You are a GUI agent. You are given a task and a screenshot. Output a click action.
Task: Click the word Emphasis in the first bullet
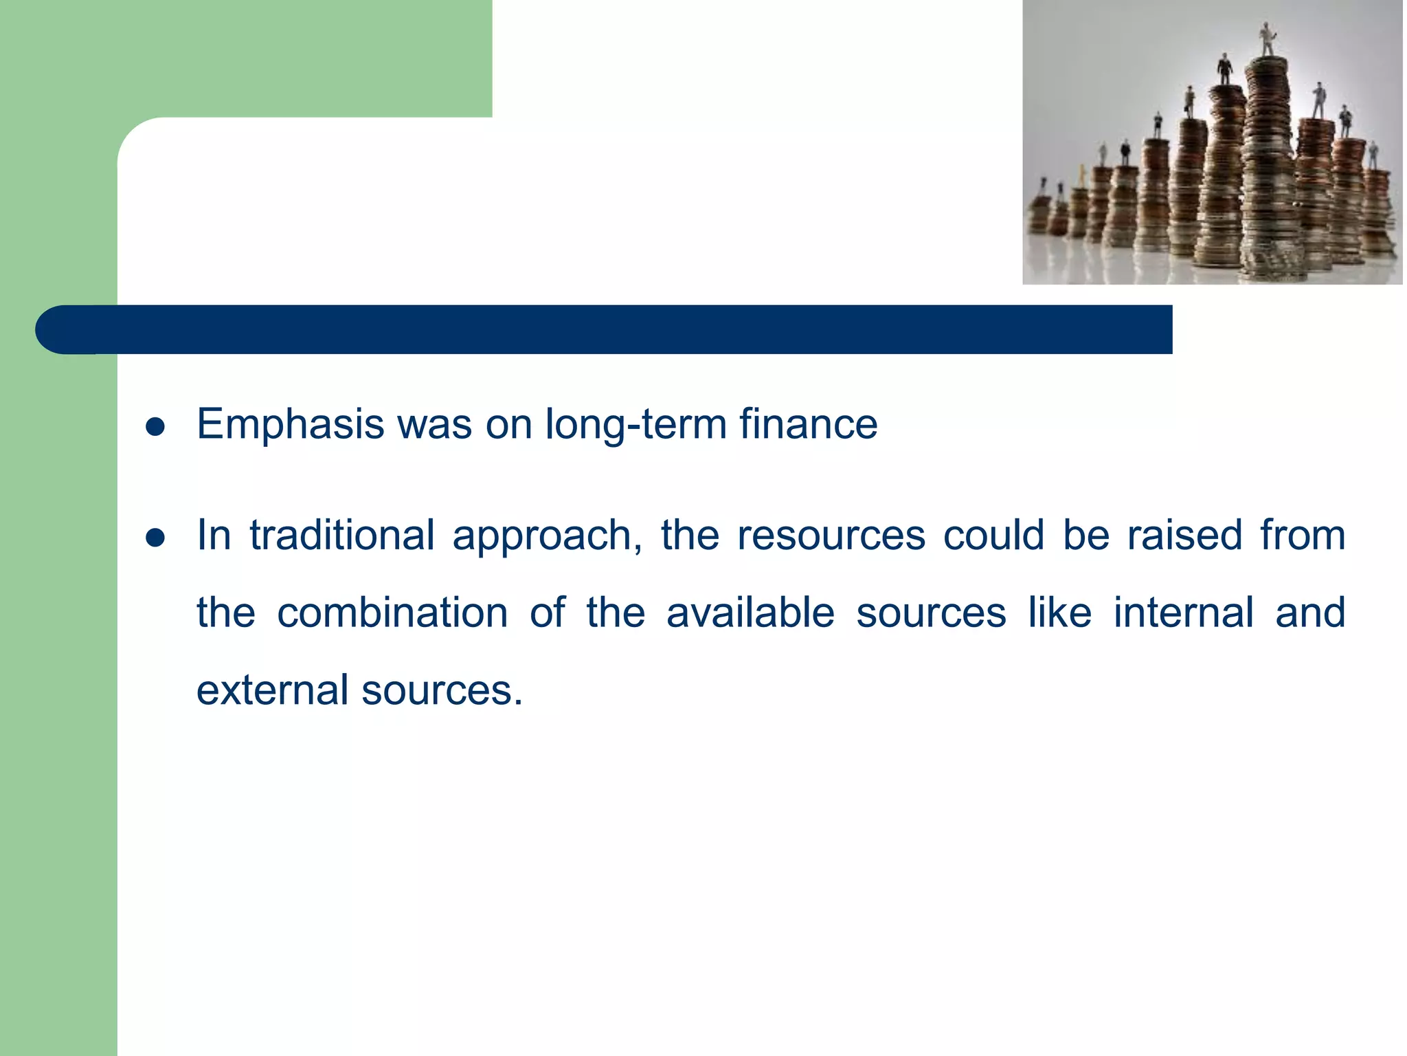290,424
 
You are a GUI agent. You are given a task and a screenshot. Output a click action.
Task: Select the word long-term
635,424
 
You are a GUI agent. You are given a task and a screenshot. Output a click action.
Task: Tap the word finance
808,423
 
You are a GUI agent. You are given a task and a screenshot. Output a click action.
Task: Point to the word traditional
341,535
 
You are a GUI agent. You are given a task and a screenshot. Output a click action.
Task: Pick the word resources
831,536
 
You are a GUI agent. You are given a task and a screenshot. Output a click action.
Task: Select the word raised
1185,535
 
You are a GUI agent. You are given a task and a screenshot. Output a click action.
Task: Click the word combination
392,613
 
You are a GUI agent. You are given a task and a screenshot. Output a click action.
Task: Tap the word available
750,613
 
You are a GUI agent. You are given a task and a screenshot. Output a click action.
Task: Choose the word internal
1183,613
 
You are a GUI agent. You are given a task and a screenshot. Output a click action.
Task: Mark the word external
272,690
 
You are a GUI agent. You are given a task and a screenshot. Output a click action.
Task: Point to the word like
1059,613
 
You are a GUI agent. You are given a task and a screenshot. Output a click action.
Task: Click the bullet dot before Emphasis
155,427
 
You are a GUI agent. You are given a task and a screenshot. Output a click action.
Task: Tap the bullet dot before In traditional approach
155,538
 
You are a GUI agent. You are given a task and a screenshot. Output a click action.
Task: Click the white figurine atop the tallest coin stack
1266,39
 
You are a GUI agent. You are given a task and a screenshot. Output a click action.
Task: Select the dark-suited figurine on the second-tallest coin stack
1224,69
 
